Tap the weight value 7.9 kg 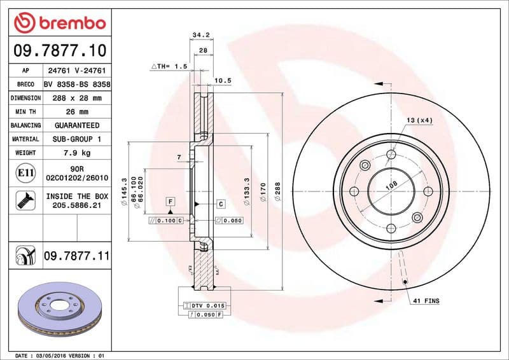pos(76,153)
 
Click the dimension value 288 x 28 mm pos(76,98)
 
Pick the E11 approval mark pos(25,172)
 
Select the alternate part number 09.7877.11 pos(76,256)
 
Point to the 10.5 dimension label pos(222,80)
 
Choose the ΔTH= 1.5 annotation pos(169,66)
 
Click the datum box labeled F pos(171,202)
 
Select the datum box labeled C pos(221,204)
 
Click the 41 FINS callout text pos(426,300)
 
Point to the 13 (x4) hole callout pos(419,120)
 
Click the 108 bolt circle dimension pos(392,185)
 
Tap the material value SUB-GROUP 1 pos(76,139)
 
